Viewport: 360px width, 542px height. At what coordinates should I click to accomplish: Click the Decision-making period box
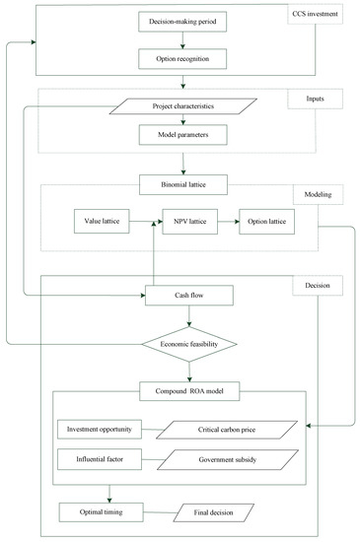180,21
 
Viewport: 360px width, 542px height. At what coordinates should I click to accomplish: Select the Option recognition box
180,58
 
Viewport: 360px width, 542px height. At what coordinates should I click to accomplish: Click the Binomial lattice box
180,182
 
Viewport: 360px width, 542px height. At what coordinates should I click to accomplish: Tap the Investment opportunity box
100,430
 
